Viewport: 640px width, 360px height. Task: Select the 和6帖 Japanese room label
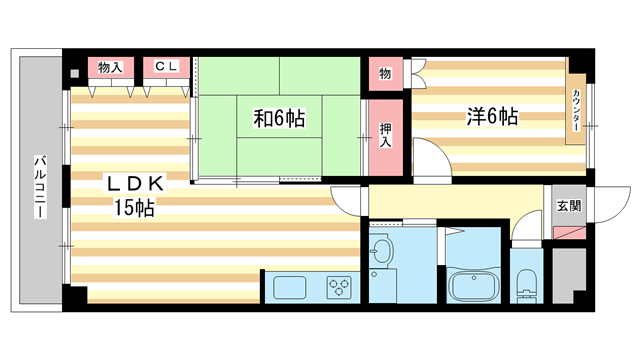(x=278, y=119)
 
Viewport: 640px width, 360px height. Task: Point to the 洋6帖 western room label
(x=491, y=116)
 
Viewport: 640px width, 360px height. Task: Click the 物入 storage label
(x=110, y=68)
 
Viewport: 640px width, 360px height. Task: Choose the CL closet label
(x=166, y=68)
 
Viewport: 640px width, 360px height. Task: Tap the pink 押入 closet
(x=386, y=134)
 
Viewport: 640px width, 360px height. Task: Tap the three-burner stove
(x=341, y=287)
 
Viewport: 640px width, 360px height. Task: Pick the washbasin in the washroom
(x=382, y=251)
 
